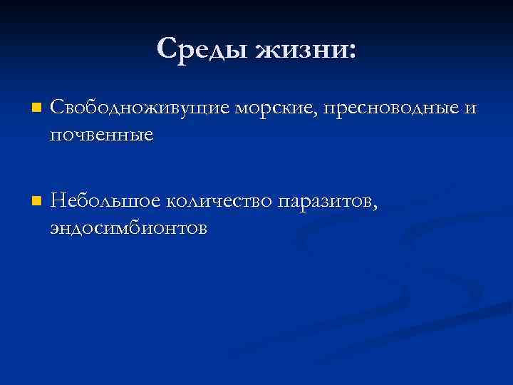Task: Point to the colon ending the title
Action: (351, 52)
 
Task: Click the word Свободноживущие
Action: (140, 108)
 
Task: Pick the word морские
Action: (275, 108)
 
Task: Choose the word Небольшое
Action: (106, 202)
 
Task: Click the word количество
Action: (220, 202)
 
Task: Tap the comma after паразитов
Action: (369, 207)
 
